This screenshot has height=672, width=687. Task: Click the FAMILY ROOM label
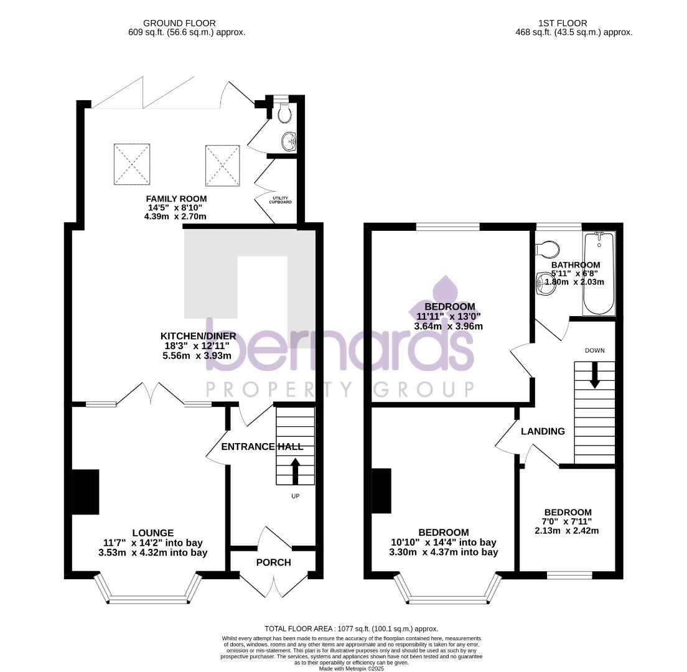tap(176, 198)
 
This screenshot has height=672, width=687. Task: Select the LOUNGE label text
tap(152, 533)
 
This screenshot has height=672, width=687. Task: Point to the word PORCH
tap(273, 562)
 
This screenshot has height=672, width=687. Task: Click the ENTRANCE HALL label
tap(262, 447)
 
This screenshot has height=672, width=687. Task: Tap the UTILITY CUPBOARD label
tap(280, 200)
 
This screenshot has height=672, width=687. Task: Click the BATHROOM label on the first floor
tap(576, 265)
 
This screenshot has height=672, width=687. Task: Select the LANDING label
tap(543, 431)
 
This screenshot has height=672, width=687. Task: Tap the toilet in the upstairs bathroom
tap(548, 248)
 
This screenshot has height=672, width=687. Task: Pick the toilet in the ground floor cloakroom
tap(284, 113)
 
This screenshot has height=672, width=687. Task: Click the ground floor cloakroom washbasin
tap(289, 141)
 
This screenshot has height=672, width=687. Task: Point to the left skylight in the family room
tap(132, 164)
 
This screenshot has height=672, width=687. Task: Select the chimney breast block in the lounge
tap(85, 492)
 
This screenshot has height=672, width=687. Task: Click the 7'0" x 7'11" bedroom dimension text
tap(566, 521)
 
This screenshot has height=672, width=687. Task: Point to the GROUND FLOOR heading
tap(179, 24)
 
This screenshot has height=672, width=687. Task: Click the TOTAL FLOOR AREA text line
tap(351, 629)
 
